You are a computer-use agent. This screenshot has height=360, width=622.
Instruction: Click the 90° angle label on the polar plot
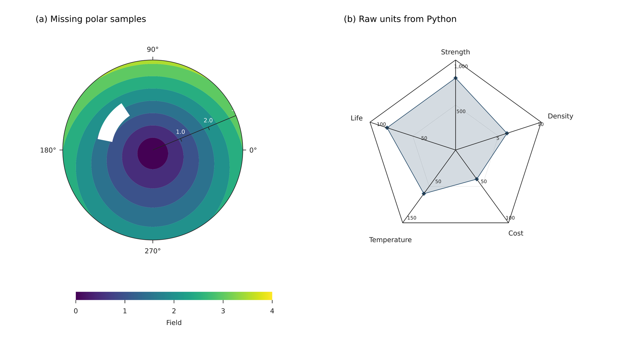[153, 50]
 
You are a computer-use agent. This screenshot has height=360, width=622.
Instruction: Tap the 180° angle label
[48, 150]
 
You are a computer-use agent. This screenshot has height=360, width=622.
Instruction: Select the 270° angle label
[153, 251]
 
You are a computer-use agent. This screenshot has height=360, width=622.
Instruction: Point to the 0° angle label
[253, 150]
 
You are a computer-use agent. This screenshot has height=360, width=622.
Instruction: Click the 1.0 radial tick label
[180, 132]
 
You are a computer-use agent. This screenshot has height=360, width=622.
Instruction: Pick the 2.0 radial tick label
[208, 120]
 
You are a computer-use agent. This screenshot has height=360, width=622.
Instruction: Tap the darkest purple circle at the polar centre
[153, 153]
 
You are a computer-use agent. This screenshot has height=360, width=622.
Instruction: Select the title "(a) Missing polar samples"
[91, 19]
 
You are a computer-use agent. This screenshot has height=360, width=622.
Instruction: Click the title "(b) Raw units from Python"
[400, 19]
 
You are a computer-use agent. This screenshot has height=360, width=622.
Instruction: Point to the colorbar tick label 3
[223, 311]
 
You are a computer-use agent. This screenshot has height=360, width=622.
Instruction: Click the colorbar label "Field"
[174, 323]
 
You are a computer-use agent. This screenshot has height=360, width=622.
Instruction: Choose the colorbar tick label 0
[76, 311]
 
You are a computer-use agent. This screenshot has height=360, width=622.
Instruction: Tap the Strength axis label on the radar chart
[455, 52]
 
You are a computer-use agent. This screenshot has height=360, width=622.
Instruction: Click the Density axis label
[560, 116]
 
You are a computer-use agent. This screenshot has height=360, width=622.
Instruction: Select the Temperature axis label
[390, 240]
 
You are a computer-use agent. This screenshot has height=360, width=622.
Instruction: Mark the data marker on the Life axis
[387, 128]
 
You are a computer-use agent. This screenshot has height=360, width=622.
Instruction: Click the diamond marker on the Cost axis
[477, 179]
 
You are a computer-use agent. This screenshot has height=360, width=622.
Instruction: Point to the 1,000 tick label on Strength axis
[461, 67]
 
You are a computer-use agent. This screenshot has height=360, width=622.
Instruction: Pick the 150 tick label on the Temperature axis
[412, 218]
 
